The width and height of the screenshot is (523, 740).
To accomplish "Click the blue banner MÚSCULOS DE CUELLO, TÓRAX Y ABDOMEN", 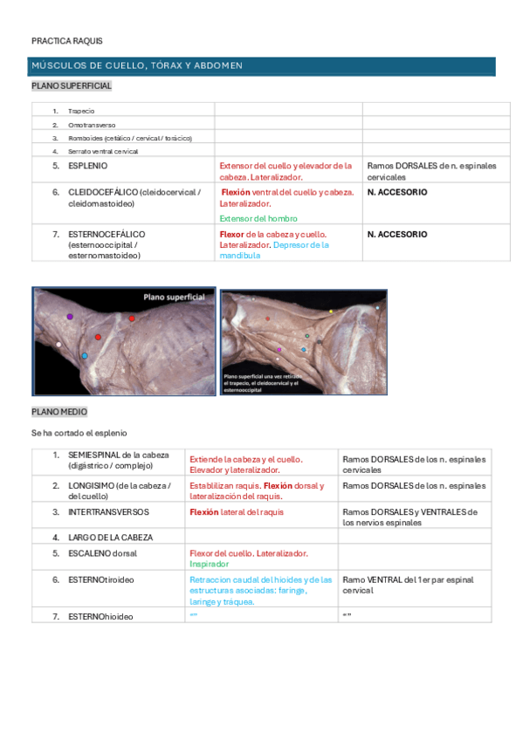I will (137, 66).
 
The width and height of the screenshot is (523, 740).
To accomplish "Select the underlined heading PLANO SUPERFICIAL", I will (72, 86).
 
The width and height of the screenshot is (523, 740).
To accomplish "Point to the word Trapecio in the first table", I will (81, 111).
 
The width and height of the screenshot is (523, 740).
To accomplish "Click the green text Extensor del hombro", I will (258, 218).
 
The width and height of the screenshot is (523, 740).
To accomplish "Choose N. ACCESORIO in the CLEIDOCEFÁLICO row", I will (397, 192).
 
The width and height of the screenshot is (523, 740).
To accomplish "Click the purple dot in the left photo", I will (70, 317).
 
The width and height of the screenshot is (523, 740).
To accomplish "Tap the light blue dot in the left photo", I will (85, 356).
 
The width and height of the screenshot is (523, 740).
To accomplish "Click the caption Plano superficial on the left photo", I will (175, 298).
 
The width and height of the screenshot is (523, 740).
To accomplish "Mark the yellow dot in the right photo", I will (331, 311).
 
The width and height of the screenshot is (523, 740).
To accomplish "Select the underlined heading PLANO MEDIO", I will (59, 412).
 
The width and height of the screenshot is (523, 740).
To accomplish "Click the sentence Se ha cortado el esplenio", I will (79, 433).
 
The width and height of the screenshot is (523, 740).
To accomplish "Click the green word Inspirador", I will (210, 564).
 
